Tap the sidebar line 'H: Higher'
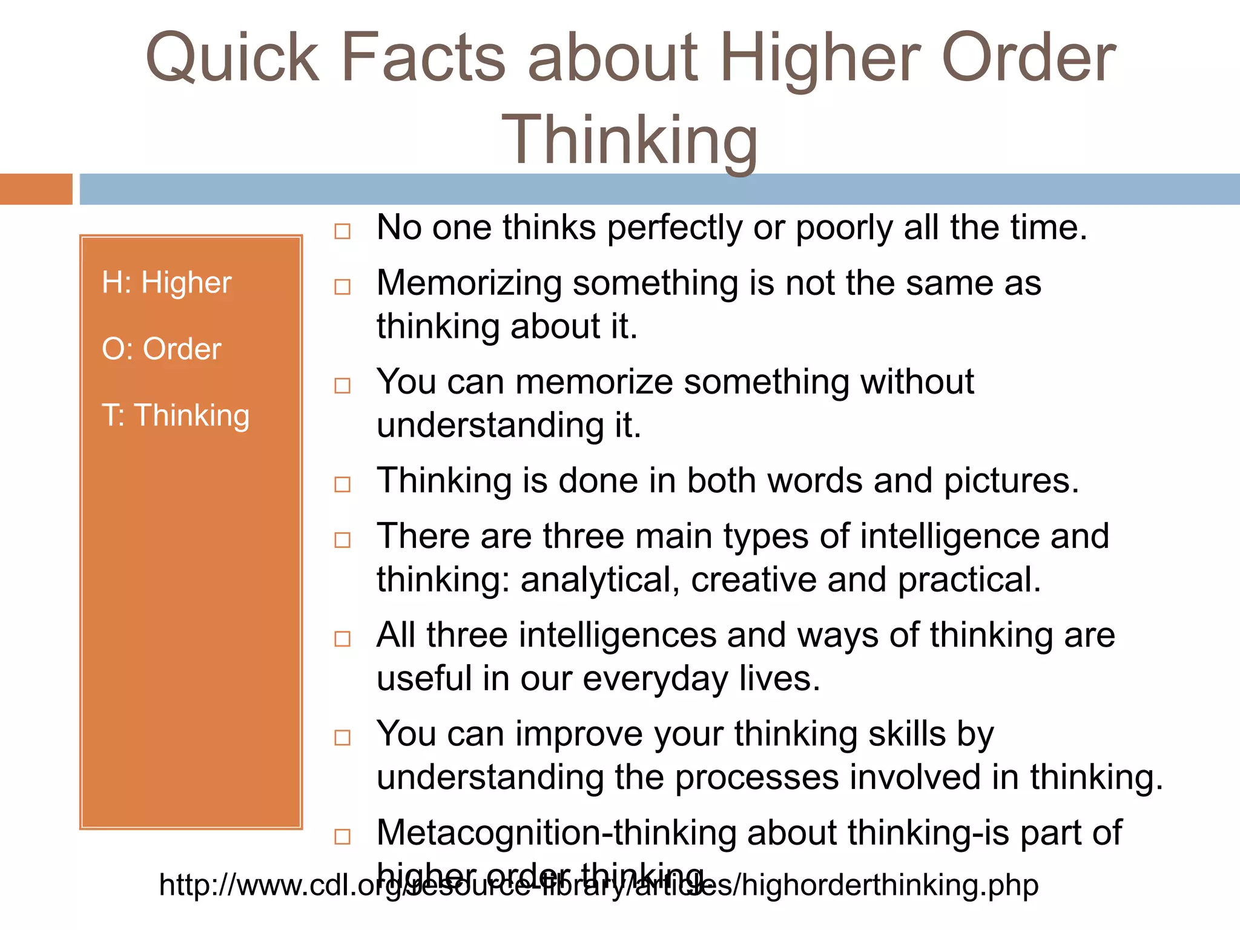coord(167,282)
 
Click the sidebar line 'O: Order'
coord(162,349)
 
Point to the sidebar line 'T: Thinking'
coord(176,415)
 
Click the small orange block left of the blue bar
coord(36,189)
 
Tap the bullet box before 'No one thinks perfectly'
coord(343,231)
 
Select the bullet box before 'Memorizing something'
coord(343,286)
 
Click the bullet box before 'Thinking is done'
coord(343,484)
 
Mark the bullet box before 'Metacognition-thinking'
coord(343,837)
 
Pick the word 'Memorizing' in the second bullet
coord(469,283)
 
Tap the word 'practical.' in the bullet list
coord(969,580)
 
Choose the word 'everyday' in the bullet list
coord(655,679)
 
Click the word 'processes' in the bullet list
coord(757,778)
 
